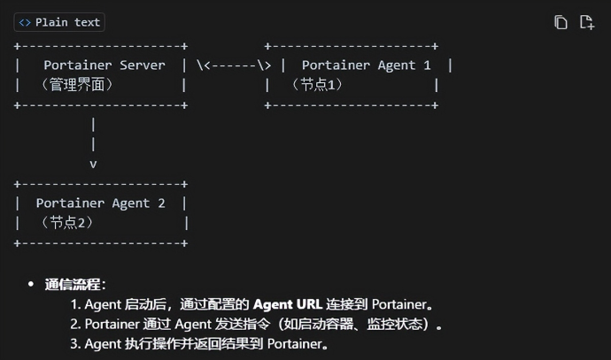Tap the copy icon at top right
pos(561,22)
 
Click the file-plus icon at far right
pos(586,22)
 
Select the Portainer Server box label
pos(104,65)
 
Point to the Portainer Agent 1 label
pos(366,65)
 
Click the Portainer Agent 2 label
pos(100,203)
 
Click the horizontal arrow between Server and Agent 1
pos(234,65)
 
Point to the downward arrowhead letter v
pos(93,164)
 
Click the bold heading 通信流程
pos(74,285)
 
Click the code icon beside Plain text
pos(25,22)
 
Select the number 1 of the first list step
pos(75,304)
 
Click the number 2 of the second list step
pos(75,324)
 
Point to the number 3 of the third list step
pos(75,343)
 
